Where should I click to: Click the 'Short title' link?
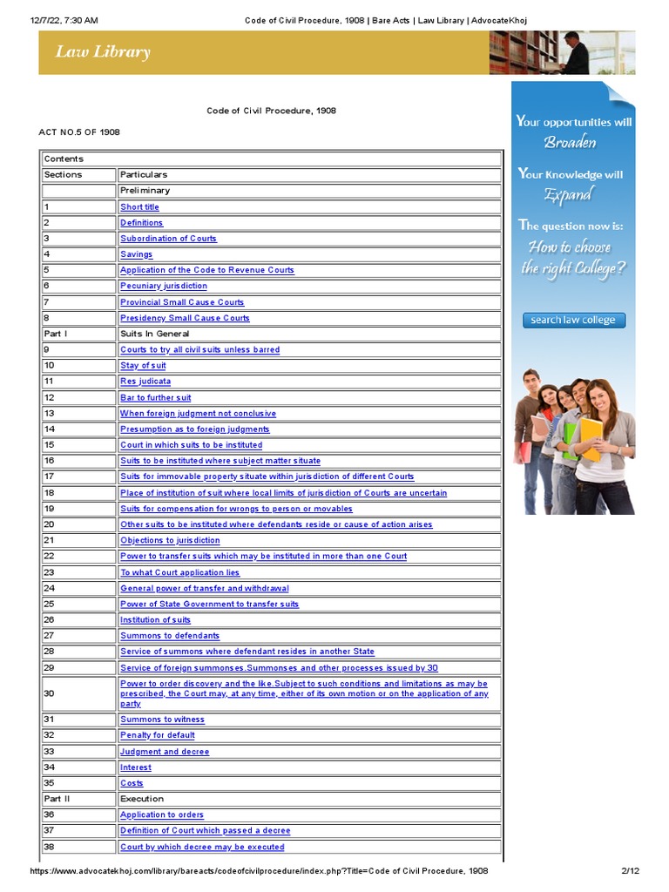(x=139, y=207)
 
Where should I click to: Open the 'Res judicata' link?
(x=145, y=382)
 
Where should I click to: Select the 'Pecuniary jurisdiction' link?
(x=164, y=286)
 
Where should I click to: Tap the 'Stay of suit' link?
(x=143, y=366)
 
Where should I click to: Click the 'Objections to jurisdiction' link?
(x=170, y=541)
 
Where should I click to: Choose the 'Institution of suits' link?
(x=156, y=620)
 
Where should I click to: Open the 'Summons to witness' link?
(x=162, y=720)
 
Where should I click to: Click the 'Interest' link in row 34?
(x=136, y=767)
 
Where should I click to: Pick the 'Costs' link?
(x=132, y=783)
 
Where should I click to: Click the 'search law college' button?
(x=573, y=320)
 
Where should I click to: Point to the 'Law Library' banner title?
(x=103, y=52)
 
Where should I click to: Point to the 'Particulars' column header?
(x=144, y=175)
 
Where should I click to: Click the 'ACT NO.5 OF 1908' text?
(x=79, y=132)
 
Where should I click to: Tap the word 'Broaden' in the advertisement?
(x=571, y=142)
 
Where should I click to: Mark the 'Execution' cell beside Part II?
(x=142, y=799)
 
